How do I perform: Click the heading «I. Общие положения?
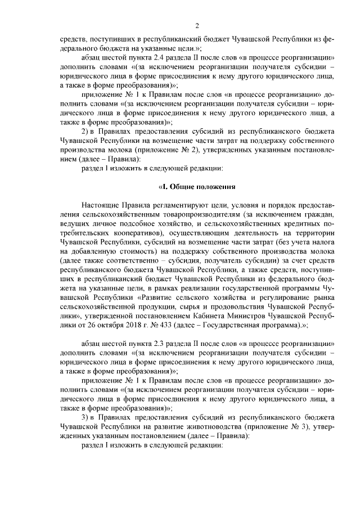[196, 186]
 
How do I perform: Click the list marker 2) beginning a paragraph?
[86, 130]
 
